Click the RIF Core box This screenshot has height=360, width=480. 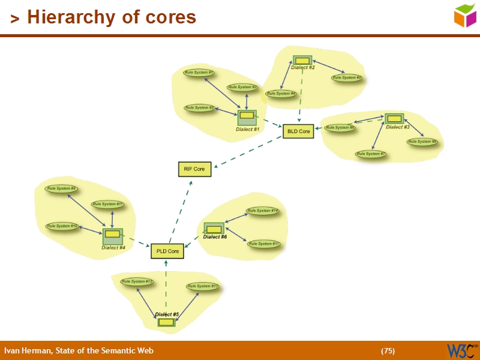click(x=194, y=169)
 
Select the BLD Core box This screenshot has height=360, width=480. click(x=298, y=131)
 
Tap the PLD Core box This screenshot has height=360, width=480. click(x=167, y=251)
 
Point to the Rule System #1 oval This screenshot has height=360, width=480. click(x=199, y=73)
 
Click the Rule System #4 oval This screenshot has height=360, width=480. click(x=281, y=94)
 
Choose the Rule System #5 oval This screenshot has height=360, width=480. click(x=347, y=77)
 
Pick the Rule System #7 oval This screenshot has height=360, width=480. click(x=371, y=154)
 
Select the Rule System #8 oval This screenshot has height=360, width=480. click(x=422, y=142)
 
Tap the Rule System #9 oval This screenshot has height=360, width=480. click(x=62, y=188)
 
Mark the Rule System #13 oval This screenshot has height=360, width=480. click(x=203, y=286)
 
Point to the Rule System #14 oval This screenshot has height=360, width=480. click(x=263, y=211)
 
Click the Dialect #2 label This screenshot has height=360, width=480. click(x=303, y=68)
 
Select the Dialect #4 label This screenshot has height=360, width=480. click(x=113, y=247)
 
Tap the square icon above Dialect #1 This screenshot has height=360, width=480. click(x=247, y=116)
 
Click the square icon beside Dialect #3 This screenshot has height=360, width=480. click(x=394, y=118)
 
